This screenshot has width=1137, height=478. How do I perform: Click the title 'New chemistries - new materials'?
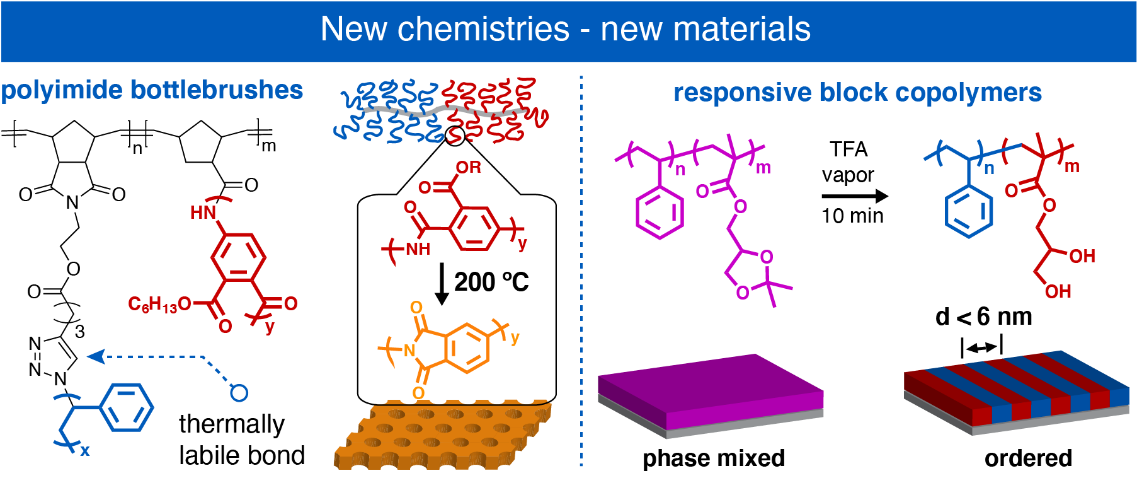click(565, 30)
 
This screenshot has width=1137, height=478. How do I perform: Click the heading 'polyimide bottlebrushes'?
click(152, 90)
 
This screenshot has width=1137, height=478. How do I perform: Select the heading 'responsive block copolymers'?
click(857, 93)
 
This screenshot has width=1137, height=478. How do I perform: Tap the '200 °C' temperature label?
click(491, 282)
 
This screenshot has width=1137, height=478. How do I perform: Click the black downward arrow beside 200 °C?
click(442, 284)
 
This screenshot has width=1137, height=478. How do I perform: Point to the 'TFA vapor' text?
click(848, 161)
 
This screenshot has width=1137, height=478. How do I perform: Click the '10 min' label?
click(852, 216)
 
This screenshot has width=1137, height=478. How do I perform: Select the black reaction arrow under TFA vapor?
click(854, 196)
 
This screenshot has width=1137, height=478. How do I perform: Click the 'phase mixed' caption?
click(713, 458)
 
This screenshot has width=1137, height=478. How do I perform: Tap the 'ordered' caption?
click(1028, 458)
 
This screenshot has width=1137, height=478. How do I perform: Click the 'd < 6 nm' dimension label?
click(983, 317)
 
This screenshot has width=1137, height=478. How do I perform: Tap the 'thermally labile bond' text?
click(241, 440)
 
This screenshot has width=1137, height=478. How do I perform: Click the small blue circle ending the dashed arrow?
click(239, 393)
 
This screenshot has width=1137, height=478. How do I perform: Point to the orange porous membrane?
click(441, 435)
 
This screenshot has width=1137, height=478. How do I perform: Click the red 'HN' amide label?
click(203, 213)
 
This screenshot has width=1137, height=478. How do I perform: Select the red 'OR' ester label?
click(468, 167)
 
